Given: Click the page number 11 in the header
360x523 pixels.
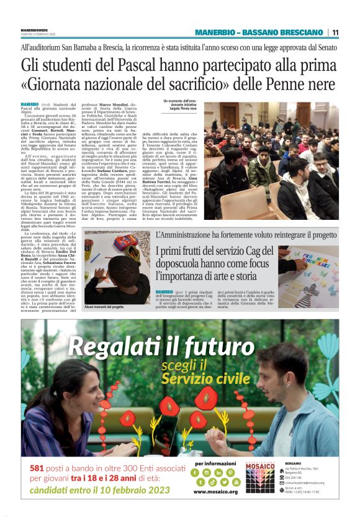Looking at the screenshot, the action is [x=335, y=32].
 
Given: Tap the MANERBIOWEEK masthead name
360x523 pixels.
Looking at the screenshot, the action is [x=35, y=29].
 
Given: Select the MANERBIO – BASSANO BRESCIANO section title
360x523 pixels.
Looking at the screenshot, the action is [x=259, y=32].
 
